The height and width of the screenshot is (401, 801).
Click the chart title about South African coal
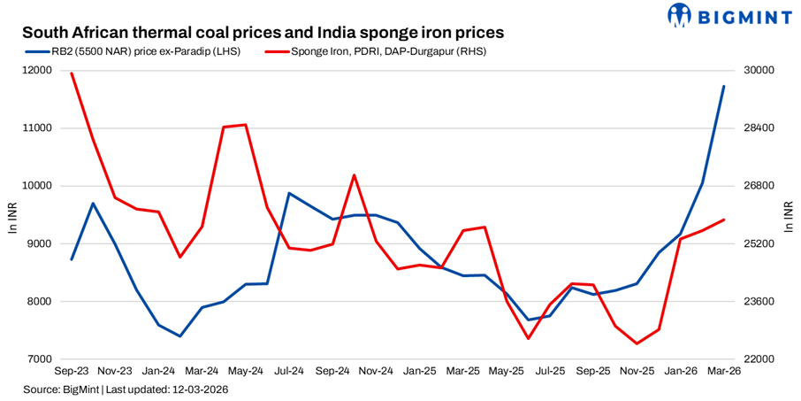(263, 32)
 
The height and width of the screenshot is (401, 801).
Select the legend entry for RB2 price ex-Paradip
(133, 51)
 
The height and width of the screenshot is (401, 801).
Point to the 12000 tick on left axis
(39, 71)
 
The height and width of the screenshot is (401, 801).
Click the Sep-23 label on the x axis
(72, 373)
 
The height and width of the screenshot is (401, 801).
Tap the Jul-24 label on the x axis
(289, 373)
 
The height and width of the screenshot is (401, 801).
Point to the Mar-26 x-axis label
(724, 373)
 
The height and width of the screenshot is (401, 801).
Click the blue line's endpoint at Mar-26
(724, 86)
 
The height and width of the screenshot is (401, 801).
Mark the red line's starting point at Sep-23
(72, 73)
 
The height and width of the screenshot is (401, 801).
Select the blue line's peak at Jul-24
(289, 193)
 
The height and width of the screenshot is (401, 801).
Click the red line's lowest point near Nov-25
(637, 343)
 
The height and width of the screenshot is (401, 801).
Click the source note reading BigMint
(123, 389)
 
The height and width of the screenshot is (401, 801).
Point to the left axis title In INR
(12, 215)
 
